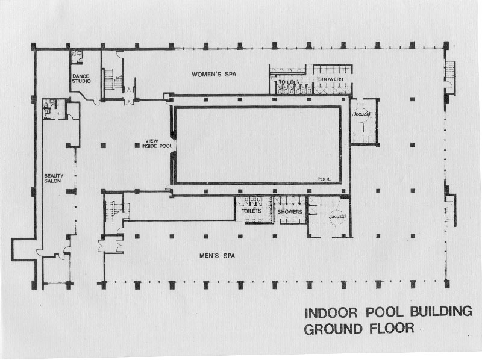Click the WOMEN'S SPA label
(214, 74)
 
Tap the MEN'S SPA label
(217, 256)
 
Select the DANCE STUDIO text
(81, 79)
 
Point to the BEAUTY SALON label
(54, 178)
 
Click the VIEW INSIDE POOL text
(157, 144)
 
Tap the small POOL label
(324, 179)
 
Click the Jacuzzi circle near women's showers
(361, 114)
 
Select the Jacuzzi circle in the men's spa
(337, 217)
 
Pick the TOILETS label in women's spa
(289, 82)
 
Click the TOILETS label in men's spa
(251, 211)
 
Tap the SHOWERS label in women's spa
(330, 79)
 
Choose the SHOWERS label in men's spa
(290, 212)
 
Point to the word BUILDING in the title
(441, 311)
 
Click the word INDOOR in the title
(331, 313)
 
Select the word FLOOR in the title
(392, 328)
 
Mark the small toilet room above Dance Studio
(77, 57)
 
